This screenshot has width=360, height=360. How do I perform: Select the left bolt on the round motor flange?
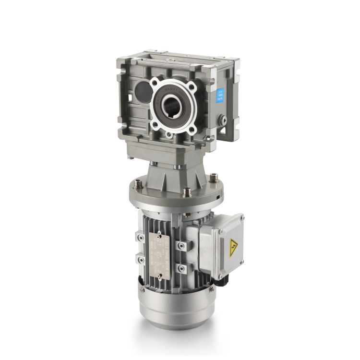(x=138, y=184)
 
